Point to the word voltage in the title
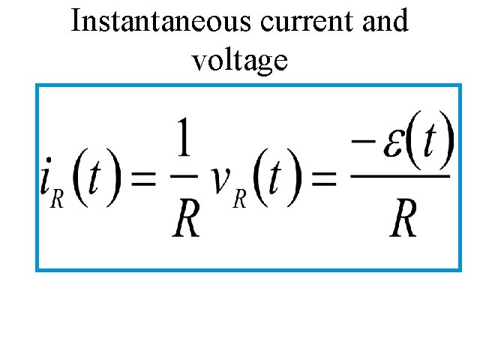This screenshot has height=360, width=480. coord(240,59)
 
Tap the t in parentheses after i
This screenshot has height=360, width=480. coord(98,180)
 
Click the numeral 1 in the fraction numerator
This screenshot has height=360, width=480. coord(184,141)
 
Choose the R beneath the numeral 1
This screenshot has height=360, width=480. coord(186,218)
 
